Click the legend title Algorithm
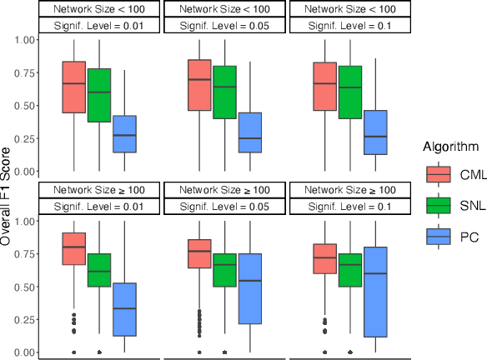coord(450,147)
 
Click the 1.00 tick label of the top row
coord(24,40)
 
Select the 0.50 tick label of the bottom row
coord(24,287)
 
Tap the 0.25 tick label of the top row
coord(24,138)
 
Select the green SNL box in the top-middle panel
coord(224,92)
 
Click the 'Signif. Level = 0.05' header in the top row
coord(225,25)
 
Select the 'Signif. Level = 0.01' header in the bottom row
coord(99,206)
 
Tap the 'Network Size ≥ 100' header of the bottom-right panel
coord(350,190)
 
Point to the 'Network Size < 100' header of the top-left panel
coord(99,8)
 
